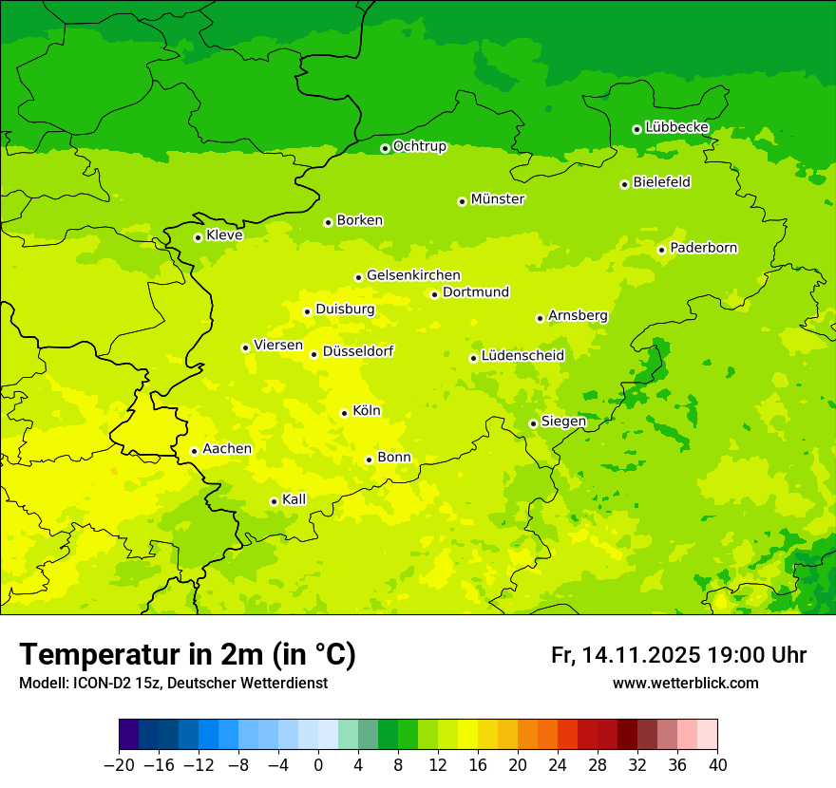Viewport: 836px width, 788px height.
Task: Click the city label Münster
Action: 498,199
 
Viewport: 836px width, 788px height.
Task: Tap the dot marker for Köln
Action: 344,413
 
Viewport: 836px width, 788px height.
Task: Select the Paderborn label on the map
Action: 704,248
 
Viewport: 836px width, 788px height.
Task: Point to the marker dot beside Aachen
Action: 194,451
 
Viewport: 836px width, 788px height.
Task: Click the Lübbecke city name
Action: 677,127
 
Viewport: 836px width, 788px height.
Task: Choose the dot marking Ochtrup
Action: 385,148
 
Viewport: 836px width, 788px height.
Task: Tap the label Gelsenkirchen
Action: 413,275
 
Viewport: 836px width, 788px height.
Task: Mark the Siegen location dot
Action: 533,423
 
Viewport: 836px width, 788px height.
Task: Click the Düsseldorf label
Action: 358,351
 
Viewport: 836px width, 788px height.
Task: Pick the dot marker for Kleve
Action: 198,237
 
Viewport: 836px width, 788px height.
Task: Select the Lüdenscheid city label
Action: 522,356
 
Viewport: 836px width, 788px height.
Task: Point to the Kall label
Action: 294,499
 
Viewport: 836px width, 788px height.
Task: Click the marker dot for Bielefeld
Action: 624,184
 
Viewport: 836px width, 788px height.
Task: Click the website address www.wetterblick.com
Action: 685,684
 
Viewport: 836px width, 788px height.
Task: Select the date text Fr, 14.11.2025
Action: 625,655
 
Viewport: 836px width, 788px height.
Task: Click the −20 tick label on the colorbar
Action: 119,765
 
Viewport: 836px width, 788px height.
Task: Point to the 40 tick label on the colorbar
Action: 717,765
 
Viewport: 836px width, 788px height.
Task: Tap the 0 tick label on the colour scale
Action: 318,765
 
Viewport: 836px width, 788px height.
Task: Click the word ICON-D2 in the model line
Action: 95,684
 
